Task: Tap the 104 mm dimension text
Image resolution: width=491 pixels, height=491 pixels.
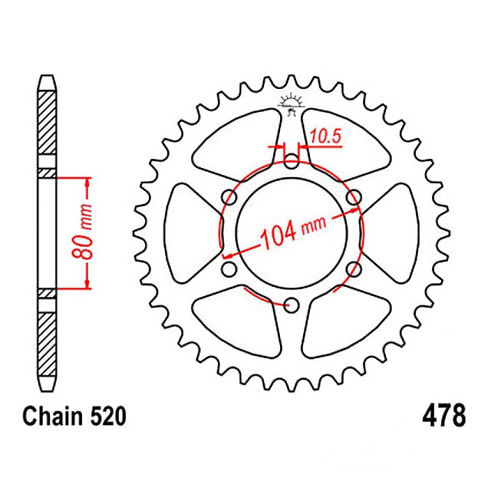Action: coord(291,229)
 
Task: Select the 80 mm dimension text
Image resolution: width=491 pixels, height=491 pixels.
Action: coord(87,233)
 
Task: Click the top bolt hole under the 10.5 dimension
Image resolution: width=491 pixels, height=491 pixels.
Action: coord(291,162)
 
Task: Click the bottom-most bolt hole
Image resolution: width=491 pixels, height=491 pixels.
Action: coord(291,306)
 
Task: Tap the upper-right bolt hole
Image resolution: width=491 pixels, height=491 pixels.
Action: coord(354,198)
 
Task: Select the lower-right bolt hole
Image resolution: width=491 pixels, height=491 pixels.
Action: coord(354,270)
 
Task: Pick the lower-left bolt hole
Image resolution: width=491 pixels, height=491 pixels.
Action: coord(228,270)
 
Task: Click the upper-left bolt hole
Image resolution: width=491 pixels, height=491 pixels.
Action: coord(228,198)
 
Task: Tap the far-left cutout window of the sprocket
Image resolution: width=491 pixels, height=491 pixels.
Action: coord(188,233)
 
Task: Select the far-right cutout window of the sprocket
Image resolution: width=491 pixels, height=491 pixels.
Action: coord(394,233)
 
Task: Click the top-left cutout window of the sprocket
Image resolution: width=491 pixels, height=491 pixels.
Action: coord(234,143)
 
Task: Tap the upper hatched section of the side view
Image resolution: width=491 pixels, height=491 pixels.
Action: coord(47,127)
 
